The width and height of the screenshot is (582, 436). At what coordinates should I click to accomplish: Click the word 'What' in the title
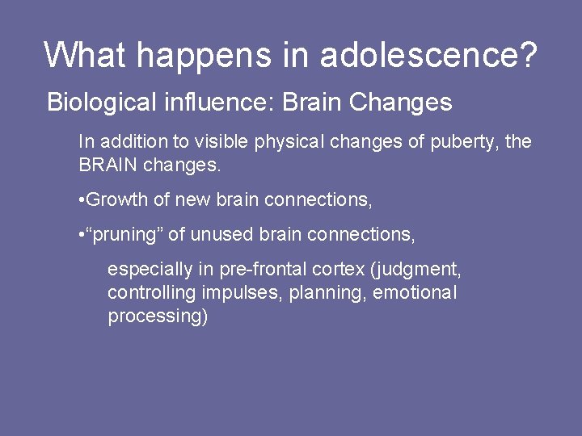pos(86,55)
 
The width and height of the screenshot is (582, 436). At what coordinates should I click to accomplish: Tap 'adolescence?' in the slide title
pos(428,55)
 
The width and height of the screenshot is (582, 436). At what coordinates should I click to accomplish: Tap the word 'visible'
pos(222,142)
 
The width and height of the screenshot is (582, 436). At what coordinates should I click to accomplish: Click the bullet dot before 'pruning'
pos(82,235)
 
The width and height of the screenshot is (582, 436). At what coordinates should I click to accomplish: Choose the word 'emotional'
pos(415,292)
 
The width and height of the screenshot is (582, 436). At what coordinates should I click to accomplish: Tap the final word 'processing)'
pos(158,316)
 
